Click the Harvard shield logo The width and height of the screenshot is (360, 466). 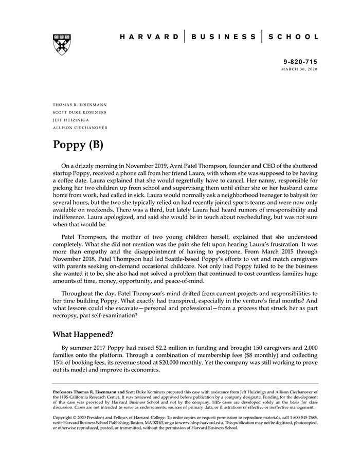click(62, 44)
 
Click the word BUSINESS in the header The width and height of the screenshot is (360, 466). click(223, 37)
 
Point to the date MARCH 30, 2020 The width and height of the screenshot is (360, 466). click(299, 69)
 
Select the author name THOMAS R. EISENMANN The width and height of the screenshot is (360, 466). click(80, 104)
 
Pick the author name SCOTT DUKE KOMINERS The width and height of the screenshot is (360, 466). click(80, 112)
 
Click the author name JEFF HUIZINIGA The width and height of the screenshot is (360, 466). click(73, 120)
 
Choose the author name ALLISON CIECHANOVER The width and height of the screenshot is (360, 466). click(80, 128)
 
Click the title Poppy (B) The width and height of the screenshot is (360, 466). click(78, 145)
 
